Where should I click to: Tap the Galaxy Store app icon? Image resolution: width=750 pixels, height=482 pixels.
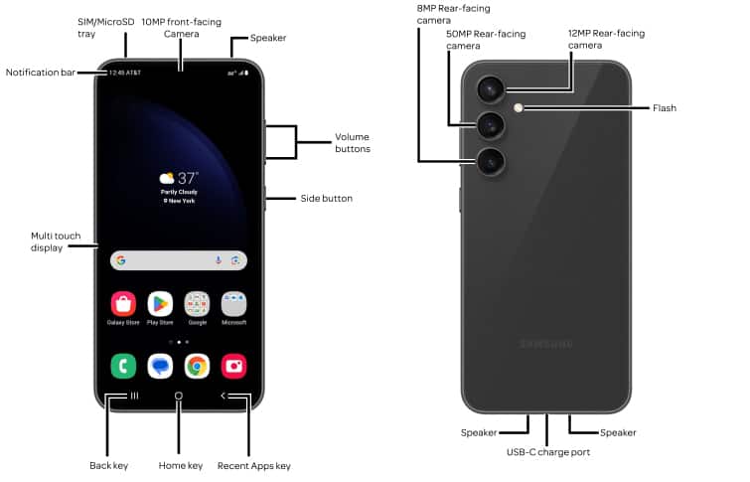click(123, 304)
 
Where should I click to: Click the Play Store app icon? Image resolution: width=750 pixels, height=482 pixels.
click(160, 304)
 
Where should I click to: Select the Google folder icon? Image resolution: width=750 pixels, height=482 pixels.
click(197, 304)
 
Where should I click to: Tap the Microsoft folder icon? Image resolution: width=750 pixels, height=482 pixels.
click(234, 304)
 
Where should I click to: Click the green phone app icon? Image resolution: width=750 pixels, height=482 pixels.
click(123, 366)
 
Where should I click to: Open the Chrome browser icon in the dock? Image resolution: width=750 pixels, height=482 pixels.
click(197, 366)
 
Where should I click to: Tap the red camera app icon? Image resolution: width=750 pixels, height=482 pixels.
click(234, 366)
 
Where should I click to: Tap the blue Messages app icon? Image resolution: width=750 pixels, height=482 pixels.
click(160, 366)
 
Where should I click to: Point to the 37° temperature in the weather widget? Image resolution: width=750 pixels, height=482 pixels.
click(188, 178)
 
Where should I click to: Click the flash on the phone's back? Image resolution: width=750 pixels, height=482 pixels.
click(519, 107)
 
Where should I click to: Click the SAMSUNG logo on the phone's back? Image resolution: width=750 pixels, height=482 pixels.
click(545, 344)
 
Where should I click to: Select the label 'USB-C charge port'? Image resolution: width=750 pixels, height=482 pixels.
click(548, 451)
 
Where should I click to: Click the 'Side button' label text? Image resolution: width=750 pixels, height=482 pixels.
click(326, 199)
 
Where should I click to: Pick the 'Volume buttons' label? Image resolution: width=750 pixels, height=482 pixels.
click(353, 142)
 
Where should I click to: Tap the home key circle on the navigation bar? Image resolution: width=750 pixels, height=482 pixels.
click(179, 396)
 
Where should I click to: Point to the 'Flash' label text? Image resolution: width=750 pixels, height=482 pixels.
click(664, 107)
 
